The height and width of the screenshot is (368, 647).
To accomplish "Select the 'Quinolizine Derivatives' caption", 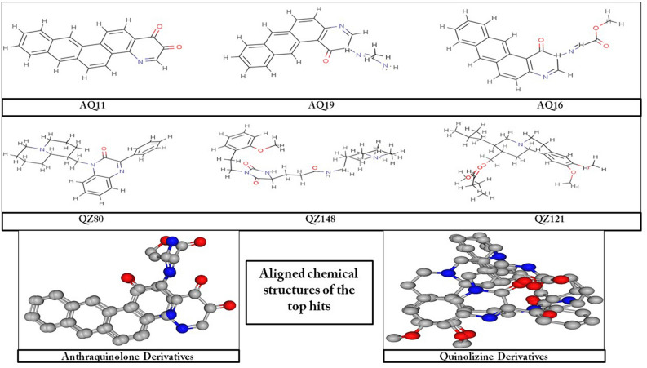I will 496,356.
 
